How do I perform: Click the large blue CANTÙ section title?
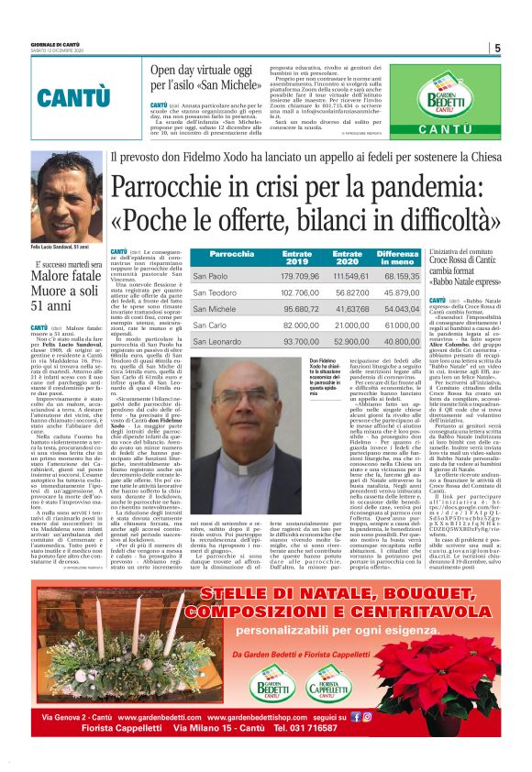click(57, 96)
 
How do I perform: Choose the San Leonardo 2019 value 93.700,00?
click(299, 341)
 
